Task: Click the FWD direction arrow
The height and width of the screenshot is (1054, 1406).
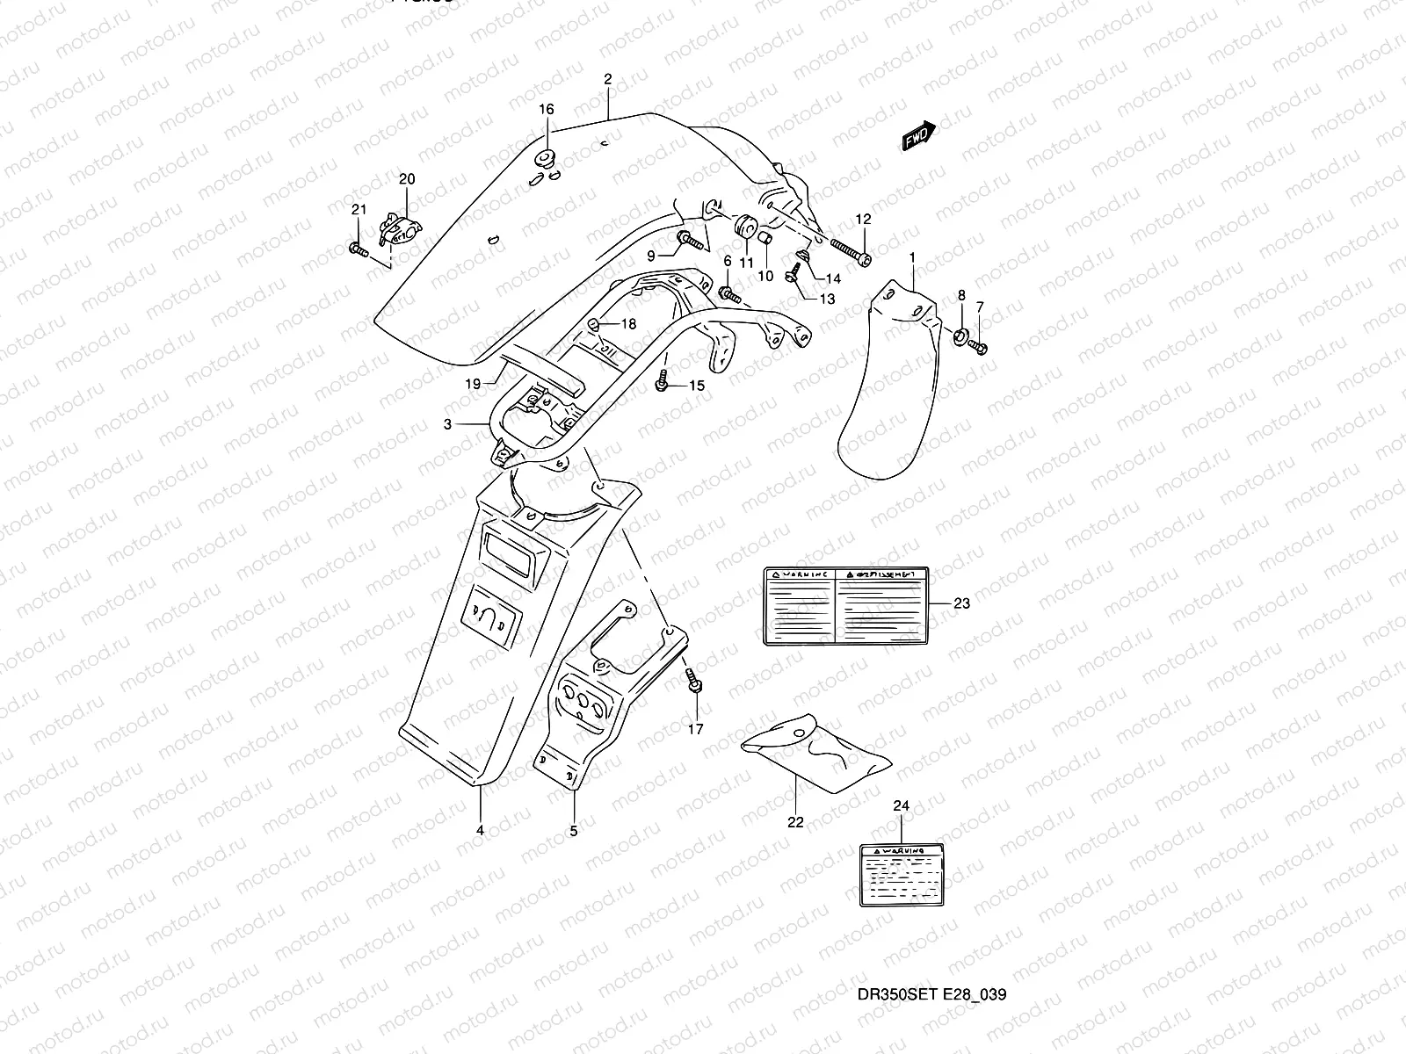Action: click(x=919, y=135)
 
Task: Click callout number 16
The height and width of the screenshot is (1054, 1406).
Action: click(x=547, y=110)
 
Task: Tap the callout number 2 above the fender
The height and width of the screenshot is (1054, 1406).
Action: click(x=607, y=80)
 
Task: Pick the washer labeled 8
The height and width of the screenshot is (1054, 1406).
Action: click(x=960, y=335)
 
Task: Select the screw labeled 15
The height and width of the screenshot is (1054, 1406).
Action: click(x=664, y=382)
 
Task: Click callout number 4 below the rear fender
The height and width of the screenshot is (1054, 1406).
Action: click(x=480, y=829)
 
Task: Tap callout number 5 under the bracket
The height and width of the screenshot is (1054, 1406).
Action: click(x=573, y=829)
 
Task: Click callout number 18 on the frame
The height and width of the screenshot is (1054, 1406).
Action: click(x=627, y=324)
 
